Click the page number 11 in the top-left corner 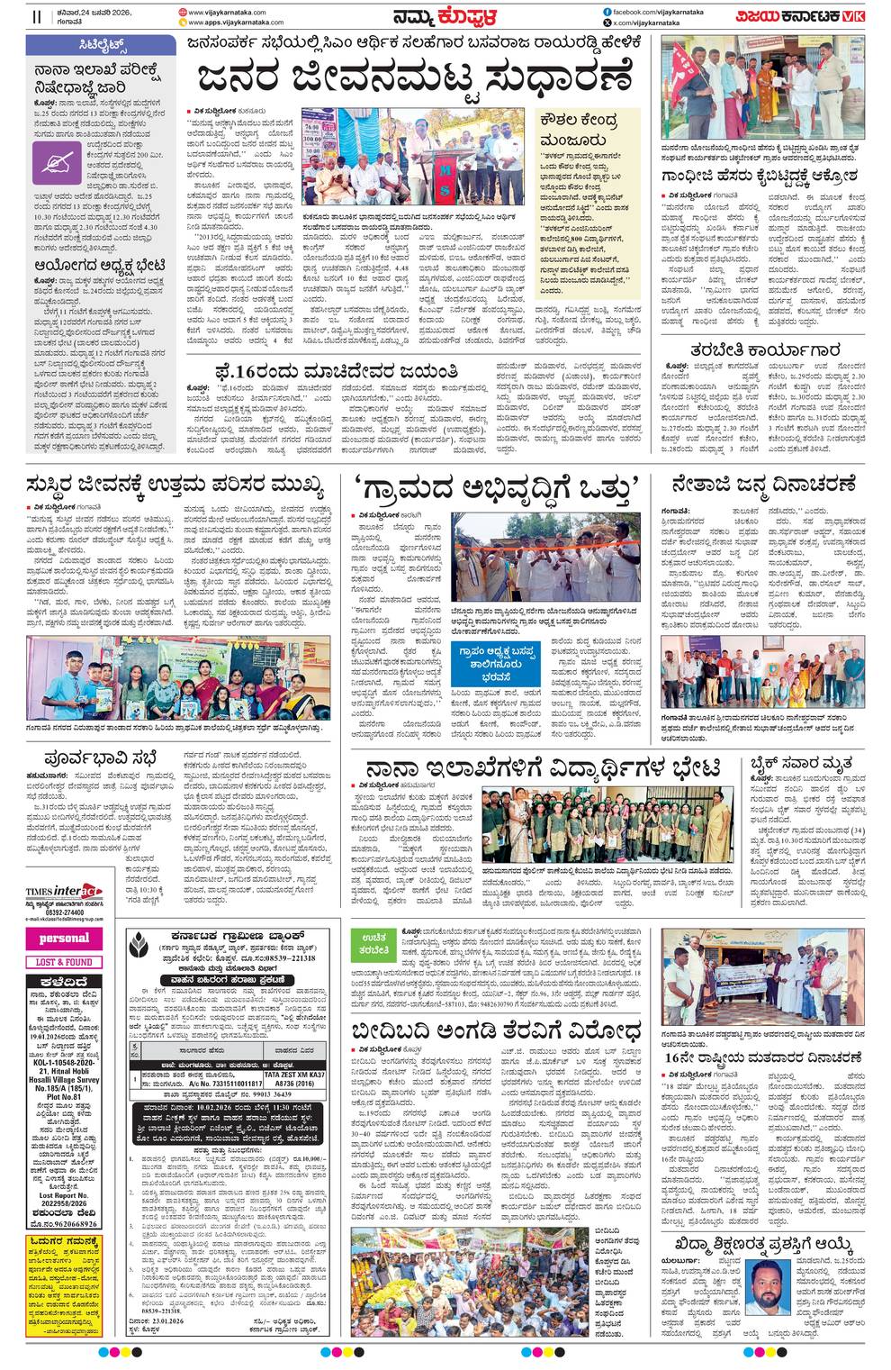pos(37,16)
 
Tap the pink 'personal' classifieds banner pos(65,938)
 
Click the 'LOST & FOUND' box pos(65,961)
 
